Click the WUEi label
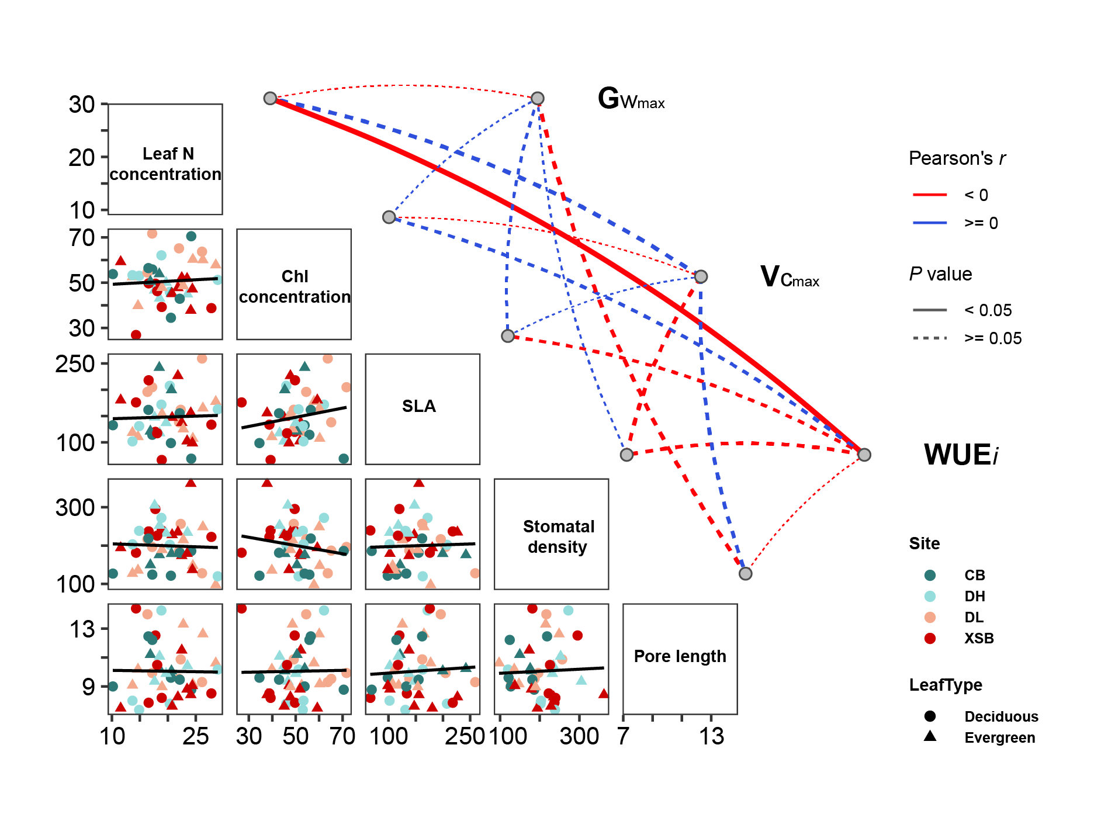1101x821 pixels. (961, 455)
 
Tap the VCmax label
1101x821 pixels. (790, 277)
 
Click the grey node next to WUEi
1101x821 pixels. (864, 455)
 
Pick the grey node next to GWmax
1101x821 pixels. (538, 98)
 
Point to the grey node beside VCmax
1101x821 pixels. (701, 276)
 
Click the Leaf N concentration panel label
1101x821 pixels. (165, 164)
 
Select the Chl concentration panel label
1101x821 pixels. (295, 286)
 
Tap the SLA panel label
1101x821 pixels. (419, 406)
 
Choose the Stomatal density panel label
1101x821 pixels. (558, 536)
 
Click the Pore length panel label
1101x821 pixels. (680, 656)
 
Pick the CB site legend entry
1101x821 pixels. (975, 575)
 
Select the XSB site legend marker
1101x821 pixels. (930, 638)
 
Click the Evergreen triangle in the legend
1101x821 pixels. (930, 737)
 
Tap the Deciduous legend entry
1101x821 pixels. (1001, 716)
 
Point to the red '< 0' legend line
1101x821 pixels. (929, 195)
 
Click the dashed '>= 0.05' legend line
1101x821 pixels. (929, 338)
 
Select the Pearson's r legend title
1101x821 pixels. (957, 158)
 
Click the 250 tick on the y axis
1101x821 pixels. (75, 363)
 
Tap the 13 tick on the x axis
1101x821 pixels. (711, 736)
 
